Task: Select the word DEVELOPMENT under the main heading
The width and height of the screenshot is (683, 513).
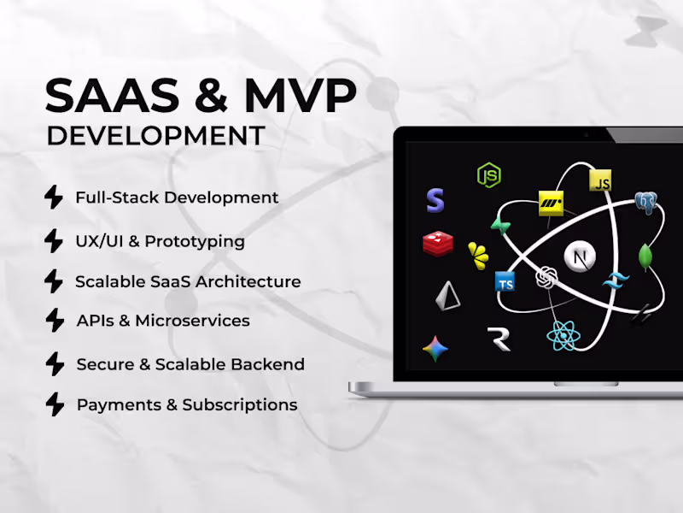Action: coord(155,136)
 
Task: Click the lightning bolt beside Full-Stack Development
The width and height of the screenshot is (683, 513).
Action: coord(54,198)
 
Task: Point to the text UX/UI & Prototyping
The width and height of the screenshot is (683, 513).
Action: coord(160,241)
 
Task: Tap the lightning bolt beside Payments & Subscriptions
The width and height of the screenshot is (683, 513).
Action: coord(54,404)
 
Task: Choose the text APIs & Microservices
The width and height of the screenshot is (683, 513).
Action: coord(163,321)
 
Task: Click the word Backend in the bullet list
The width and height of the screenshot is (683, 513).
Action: coord(270,364)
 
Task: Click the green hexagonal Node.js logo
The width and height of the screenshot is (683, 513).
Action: coord(488,175)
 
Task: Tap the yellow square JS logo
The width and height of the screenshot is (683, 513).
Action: coord(601,180)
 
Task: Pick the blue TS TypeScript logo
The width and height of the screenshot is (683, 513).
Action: coord(505,281)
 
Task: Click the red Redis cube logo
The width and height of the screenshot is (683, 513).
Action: coord(437,244)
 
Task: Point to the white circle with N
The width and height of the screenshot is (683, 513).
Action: coord(581,256)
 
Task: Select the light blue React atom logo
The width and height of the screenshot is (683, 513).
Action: coord(563,335)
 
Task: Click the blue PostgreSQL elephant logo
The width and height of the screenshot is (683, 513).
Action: coord(645,203)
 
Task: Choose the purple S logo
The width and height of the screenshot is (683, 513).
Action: coord(435,201)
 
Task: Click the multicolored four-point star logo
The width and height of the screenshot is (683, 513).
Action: coord(436,349)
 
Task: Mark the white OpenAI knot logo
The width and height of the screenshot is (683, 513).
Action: coord(546,280)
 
